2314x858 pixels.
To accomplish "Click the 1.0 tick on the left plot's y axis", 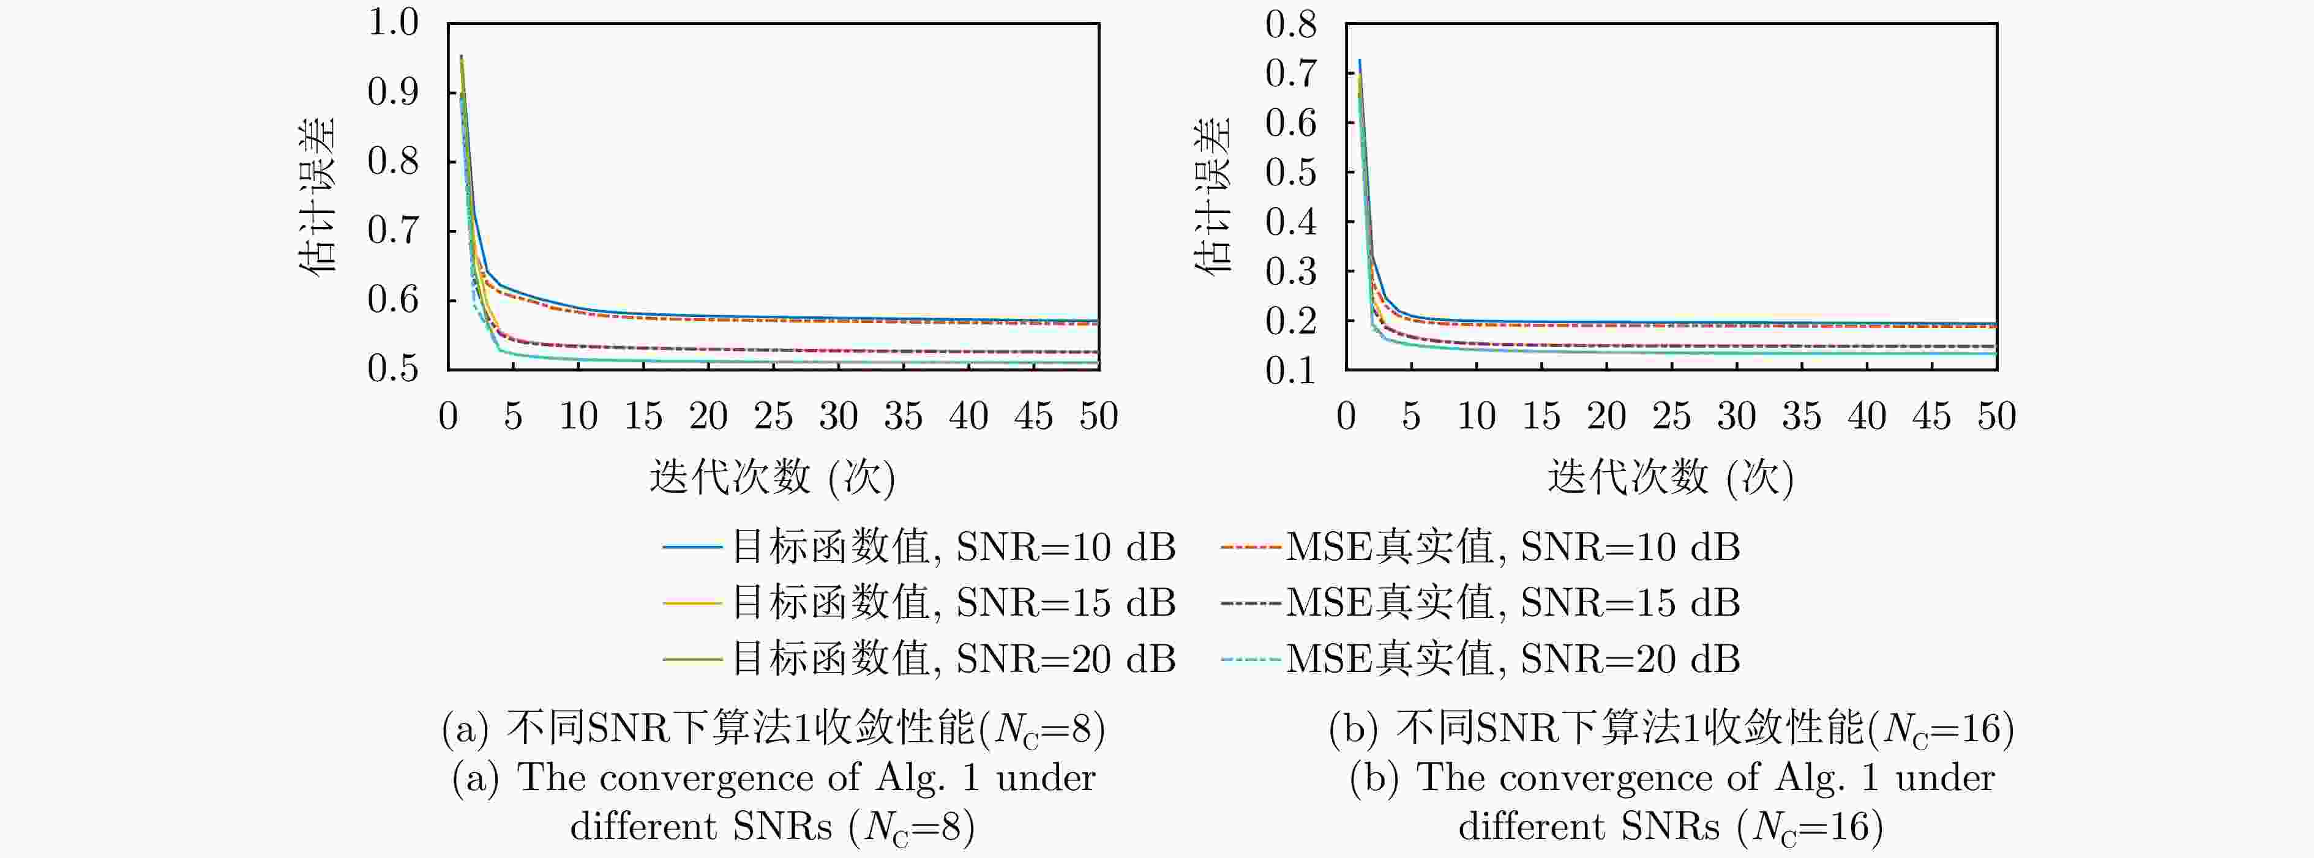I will (x=394, y=23).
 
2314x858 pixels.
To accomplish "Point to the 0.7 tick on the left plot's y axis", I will (x=394, y=231).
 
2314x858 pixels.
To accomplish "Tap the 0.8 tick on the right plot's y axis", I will (x=1291, y=25).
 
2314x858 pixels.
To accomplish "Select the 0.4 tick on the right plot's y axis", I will (x=1291, y=222).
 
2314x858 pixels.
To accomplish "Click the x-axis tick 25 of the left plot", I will (x=773, y=417).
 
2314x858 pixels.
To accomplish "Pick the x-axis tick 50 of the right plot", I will (x=1996, y=417).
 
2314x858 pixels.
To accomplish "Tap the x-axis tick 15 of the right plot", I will (x=1541, y=417).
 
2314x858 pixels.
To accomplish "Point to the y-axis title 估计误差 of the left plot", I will (x=317, y=196).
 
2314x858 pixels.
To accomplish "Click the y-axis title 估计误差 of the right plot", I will (x=1213, y=196).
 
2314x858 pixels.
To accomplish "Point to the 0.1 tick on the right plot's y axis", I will (x=1291, y=371).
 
